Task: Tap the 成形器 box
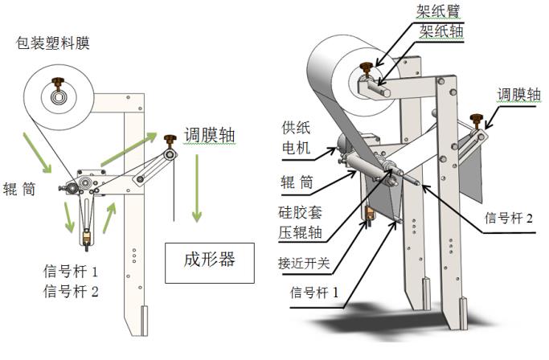(x=210, y=260)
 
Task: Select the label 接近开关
(x=305, y=263)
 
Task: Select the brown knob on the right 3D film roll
(x=369, y=66)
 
